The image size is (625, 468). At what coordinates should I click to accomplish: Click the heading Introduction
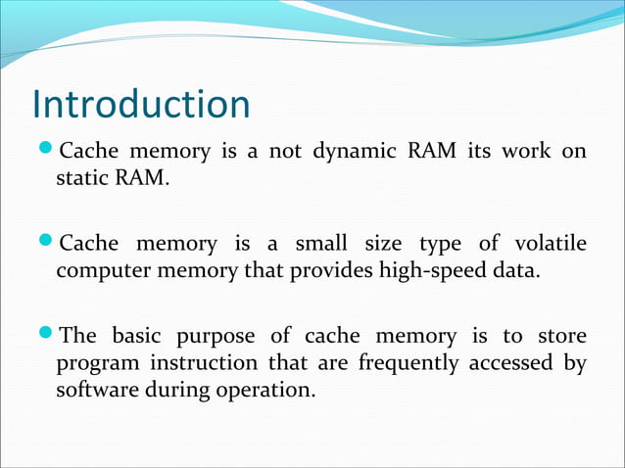140,104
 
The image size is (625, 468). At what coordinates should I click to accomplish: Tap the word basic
136,336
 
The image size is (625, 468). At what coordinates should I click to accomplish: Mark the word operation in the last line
269,391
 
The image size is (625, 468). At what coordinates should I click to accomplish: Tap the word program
92,363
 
